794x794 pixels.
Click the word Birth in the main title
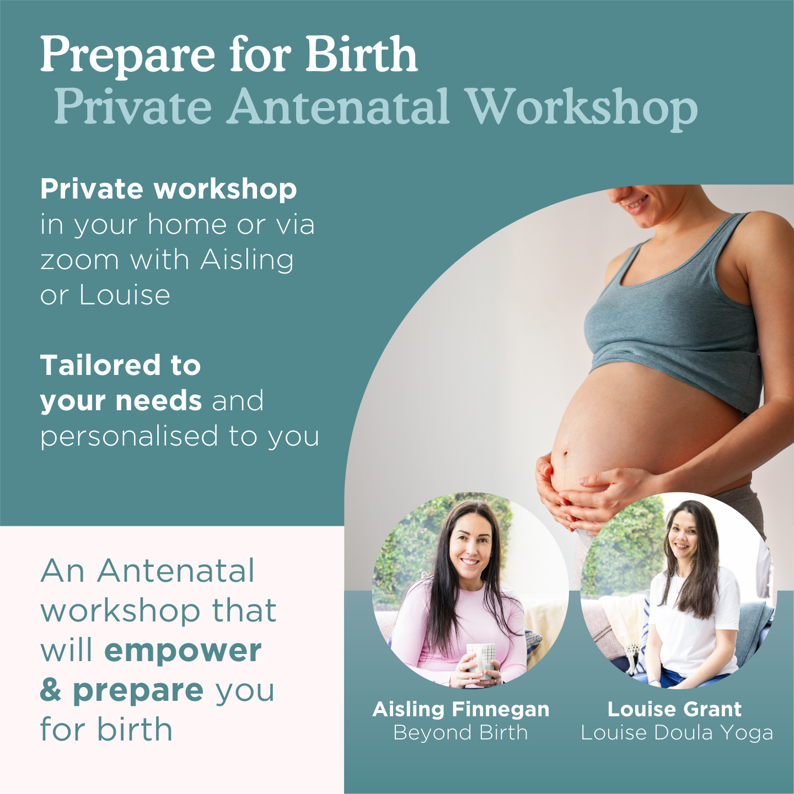click(x=361, y=54)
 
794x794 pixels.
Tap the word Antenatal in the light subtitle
click(x=338, y=106)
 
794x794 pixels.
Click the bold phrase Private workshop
click(x=168, y=189)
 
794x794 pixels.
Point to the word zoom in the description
click(x=79, y=260)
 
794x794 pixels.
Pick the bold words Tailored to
click(x=120, y=365)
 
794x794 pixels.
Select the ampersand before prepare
click(x=51, y=690)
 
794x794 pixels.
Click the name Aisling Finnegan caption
click(x=461, y=709)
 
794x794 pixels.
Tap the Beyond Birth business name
click(x=461, y=733)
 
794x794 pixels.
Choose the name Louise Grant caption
click(x=674, y=709)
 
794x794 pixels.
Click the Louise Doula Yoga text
click(x=677, y=733)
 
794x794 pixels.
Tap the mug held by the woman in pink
click(x=481, y=659)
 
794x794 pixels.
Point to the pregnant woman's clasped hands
click(x=584, y=493)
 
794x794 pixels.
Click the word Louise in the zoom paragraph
click(x=125, y=295)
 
